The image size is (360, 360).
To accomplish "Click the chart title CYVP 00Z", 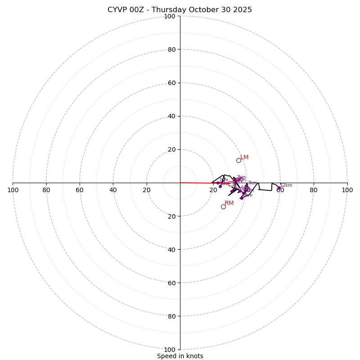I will [x=180, y=10].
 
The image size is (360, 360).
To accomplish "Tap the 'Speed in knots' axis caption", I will [x=180, y=356].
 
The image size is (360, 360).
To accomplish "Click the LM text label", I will [x=244, y=157].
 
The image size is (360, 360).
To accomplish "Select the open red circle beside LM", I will [x=238, y=160].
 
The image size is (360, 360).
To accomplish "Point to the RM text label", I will [x=229, y=203].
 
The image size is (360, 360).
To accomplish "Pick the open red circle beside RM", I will [x=223, y=207].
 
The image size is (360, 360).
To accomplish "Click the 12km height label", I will [x=286, y=185].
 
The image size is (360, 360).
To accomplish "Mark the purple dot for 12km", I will [x=279, y=188].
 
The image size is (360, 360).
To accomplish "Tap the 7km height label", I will [x=252, y=183].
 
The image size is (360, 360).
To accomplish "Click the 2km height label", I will [x=241, y=177].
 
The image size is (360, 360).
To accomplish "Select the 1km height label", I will [x=224, y=180].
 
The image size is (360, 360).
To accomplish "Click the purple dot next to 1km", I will [x=218, y=183].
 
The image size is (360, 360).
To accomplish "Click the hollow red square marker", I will [x=231, y=184].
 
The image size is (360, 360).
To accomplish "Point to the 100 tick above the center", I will [x=169, y=16].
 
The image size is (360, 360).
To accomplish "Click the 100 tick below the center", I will [x=169, y=349].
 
